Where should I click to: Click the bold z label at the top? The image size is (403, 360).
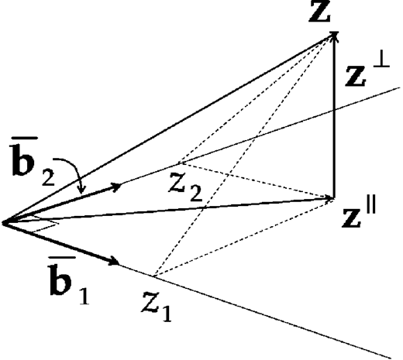319,11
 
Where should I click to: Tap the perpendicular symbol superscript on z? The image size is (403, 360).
381,61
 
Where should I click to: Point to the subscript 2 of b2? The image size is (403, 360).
48,177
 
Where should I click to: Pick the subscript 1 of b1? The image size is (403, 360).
84,297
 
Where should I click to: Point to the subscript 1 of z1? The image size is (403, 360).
167,313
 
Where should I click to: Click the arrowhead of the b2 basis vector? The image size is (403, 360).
116,187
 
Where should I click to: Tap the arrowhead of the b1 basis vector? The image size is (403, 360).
115,261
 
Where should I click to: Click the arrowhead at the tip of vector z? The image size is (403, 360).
334,34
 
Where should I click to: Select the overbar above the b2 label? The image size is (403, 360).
23,139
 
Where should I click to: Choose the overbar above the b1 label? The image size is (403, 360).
61,259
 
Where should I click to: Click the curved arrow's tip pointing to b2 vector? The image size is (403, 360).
82,192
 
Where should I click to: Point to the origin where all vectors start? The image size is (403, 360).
3,223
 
